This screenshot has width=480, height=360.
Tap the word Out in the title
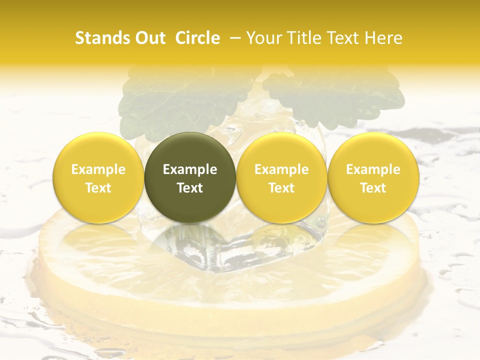[148, 38]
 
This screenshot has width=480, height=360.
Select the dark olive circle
[189, 177]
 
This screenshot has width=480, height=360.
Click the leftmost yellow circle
[98, 177]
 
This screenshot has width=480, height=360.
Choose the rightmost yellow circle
[373, 177]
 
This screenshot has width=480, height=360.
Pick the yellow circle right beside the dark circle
[281, 177]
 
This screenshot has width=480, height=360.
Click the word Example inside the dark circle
[189, 169]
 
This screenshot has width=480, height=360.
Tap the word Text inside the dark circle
[189, 188]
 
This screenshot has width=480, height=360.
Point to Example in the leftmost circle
[98, 169]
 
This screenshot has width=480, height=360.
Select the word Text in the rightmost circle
[373, 188]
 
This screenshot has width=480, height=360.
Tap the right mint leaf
[335, 95]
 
